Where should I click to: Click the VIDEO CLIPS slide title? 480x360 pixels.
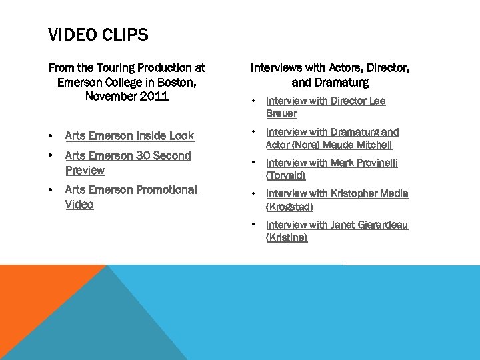tap(98, 35)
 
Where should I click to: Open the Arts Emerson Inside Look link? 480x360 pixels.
tap(129, 136)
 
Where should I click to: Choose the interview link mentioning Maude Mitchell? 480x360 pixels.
tap(332, 139)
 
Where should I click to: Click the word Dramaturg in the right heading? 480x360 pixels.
tap(341, 83)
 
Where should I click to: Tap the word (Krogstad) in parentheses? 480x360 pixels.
tap(289, 207)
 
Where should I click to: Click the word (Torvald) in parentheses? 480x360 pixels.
tap(286, 176)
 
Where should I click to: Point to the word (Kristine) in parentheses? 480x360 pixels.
tap(287, 238)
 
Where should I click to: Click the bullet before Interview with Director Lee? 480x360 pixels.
tap(255, 101)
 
